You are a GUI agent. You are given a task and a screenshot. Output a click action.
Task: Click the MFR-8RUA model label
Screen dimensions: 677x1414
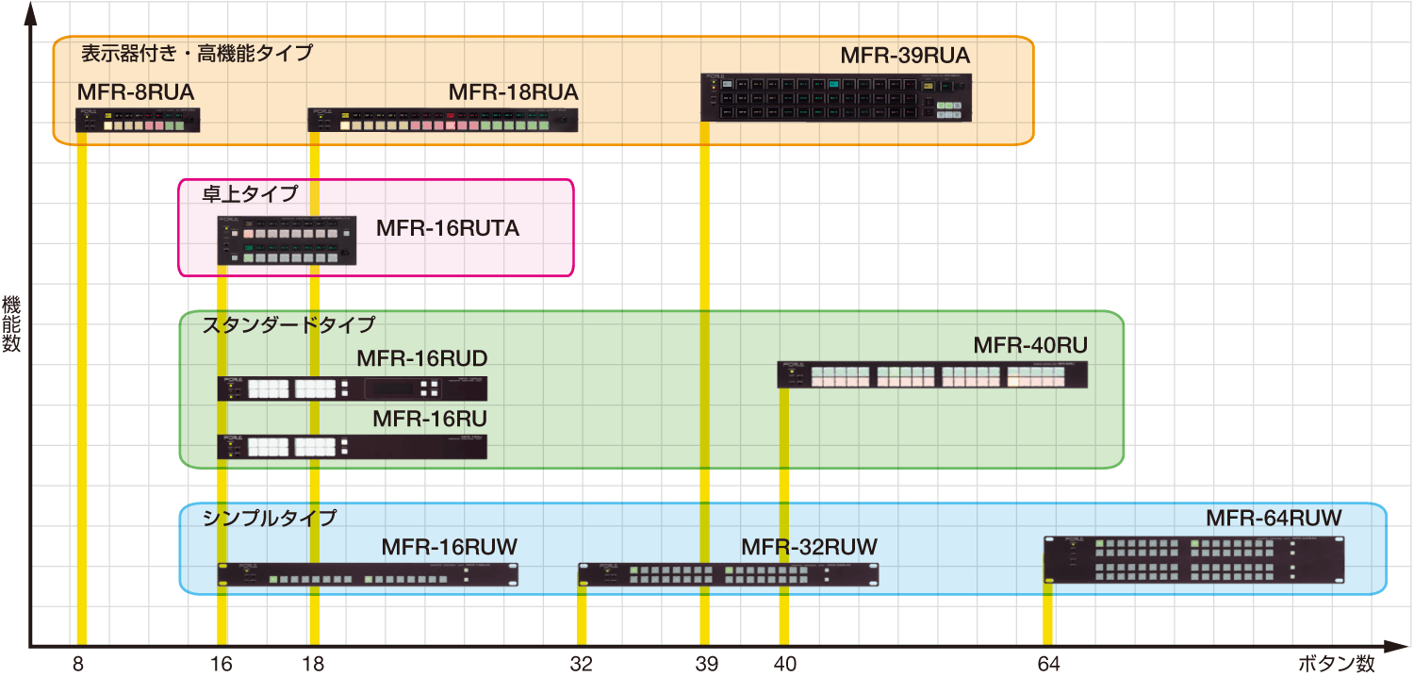tap(136, 92)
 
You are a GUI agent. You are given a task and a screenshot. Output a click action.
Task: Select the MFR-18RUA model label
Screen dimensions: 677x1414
tap(513, 92)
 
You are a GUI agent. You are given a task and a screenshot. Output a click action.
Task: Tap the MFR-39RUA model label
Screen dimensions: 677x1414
tap(905, 56)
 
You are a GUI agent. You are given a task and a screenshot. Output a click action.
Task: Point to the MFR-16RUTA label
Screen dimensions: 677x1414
tap(448, 228)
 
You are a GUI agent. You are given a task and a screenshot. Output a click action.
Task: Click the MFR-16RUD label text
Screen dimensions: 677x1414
tap(421, 359)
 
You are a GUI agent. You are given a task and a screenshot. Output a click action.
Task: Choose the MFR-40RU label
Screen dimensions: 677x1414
tap(1030, 345)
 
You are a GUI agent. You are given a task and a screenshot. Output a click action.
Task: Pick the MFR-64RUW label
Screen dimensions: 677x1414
tap(1274, 518)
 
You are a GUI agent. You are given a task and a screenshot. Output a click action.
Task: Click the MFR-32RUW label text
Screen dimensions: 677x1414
tap(809, 547)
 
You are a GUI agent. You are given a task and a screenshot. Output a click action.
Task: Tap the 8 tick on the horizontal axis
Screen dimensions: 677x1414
tap(78, 664)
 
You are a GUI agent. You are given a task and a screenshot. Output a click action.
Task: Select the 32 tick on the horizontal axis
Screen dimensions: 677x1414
tap(582, 664)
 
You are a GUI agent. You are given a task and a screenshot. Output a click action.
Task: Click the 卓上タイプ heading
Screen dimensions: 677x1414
tap(250, 194)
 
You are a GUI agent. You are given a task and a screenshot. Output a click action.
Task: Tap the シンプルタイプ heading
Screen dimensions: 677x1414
tap(270, 518)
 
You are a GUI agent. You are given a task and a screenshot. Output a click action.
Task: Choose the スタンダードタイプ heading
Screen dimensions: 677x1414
tap(288, 324)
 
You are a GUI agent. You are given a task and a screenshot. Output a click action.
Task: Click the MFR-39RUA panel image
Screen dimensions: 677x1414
tap(836, 97)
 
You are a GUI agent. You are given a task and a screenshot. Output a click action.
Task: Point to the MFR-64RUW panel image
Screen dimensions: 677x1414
tap(1193, 560)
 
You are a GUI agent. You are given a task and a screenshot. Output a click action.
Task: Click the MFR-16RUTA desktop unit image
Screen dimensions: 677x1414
tap(288, 240)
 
